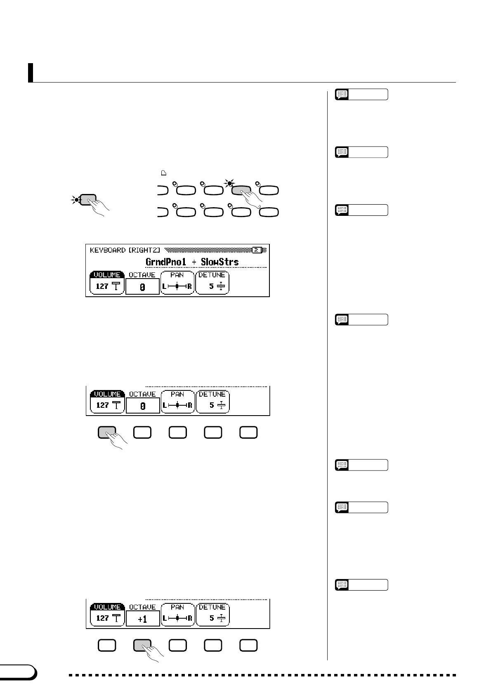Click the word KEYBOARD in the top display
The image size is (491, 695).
tap(108, 250)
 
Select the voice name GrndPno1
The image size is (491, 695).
tap(166, 262)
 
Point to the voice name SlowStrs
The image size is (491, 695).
tap(220, 262)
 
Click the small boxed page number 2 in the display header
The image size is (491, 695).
tap(257, 250)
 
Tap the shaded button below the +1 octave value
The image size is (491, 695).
tap(142, 645)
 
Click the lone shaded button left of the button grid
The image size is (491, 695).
tap(88, 200)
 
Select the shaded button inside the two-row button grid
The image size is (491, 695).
tap(241, 190)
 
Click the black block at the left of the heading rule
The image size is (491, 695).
tap(31, 73)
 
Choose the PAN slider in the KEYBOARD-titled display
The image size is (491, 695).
tap(177, 286)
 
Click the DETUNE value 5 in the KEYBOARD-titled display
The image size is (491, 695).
tap(211, 286)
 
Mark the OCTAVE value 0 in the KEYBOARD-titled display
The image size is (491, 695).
tap(142, 287)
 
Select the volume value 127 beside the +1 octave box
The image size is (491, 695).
tap(102, 618)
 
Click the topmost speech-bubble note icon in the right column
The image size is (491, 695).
tap(342, 95)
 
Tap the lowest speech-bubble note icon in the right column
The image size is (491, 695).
tap(342, 585)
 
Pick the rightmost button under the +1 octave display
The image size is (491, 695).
tap(248, 645)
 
